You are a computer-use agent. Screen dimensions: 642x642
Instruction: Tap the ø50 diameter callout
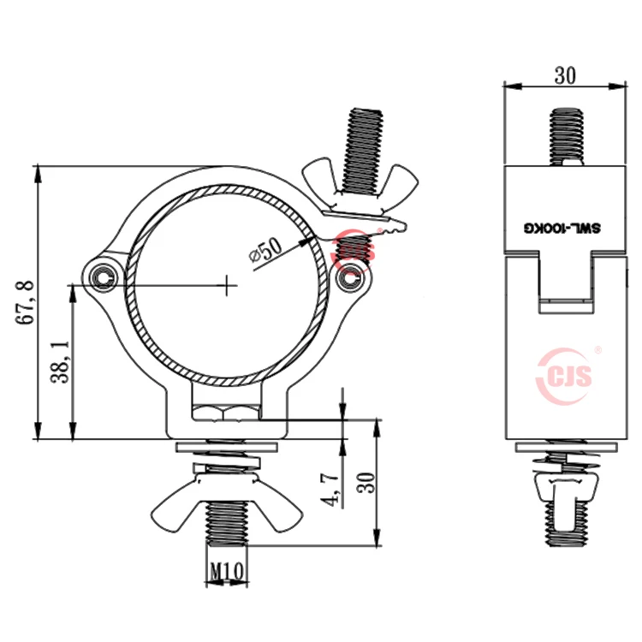[x=265, y=250]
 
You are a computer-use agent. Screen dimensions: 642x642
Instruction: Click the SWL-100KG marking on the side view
[x=564, y=228]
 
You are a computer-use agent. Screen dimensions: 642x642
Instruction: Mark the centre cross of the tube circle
[x=227, y=285]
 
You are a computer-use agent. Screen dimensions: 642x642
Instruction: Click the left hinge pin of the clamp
[x=104, y=276]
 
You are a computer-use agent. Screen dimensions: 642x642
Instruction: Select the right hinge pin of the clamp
[x=347, y=278]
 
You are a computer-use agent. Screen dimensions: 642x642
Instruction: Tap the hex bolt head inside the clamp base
[x=226, y=414]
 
